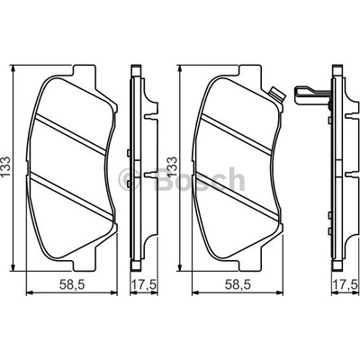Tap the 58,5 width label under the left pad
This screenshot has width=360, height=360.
72,284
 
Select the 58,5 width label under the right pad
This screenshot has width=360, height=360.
238,284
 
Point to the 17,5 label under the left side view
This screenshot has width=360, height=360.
144,284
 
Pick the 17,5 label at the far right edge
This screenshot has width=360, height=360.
346,284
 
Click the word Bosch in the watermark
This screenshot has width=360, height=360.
200,179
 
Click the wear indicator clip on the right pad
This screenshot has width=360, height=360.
277,94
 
